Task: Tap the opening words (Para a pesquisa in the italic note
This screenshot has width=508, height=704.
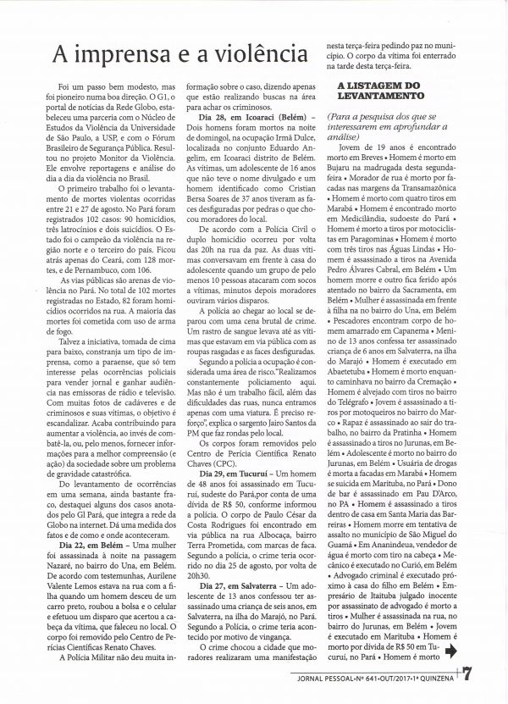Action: pos(366,113)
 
